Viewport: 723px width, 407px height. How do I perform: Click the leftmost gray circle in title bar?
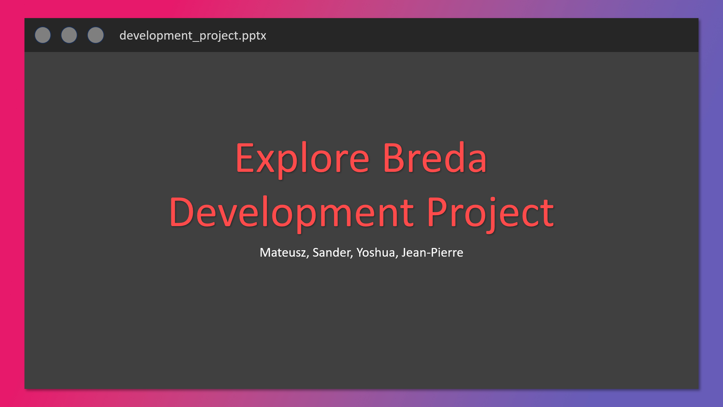coord(43,35)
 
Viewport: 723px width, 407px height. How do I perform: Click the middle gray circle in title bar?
coord(69,35)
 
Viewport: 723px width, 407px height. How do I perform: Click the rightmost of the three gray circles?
coord(96,35)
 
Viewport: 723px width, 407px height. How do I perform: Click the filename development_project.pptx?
coord(192,35)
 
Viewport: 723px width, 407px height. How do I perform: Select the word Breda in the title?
coord(435,158)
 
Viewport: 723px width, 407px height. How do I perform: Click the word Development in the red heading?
coord(291,213)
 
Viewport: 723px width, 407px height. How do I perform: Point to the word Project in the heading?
coord(490,213)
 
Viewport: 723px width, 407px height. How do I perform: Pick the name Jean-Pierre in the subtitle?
coord(432,252)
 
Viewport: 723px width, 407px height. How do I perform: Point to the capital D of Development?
coord(182,213)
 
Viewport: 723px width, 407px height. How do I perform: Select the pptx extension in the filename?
coord(254,36)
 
